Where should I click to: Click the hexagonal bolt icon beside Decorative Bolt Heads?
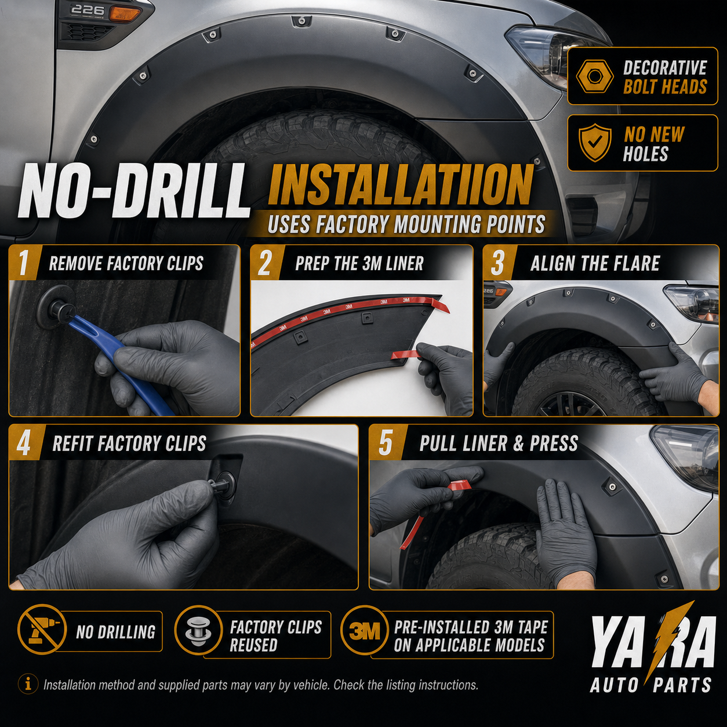pyautogui.click(x=595, y=76)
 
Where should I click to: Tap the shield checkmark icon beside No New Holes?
pyautogui.click(x=595, y=143)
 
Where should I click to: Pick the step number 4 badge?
pyautogui.click(x=23, y=442)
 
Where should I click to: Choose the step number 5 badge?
pyautogui.click(x=386, y=442)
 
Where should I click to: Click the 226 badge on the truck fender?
pyautogui.click(x=88, y=9)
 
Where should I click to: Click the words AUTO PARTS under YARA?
pyautogui.click(x=650, y=685)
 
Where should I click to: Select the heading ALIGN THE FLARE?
pyautogui.click(x=595, y=263)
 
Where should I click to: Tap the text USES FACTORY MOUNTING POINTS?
pyautogui.click(x=406, y=224)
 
